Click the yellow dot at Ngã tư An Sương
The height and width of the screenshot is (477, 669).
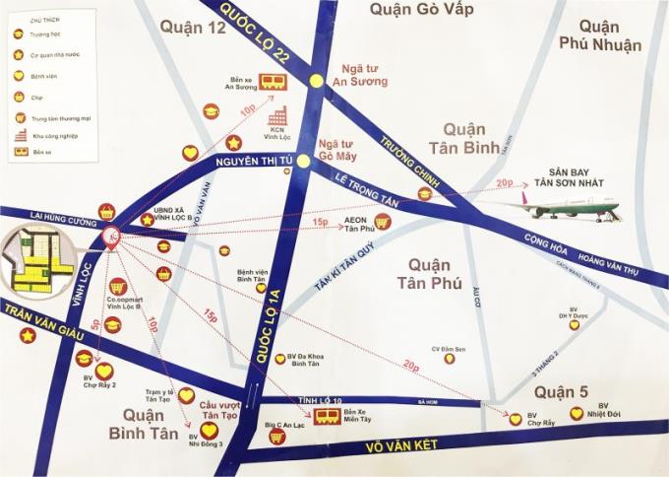click(x=316, y=82)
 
